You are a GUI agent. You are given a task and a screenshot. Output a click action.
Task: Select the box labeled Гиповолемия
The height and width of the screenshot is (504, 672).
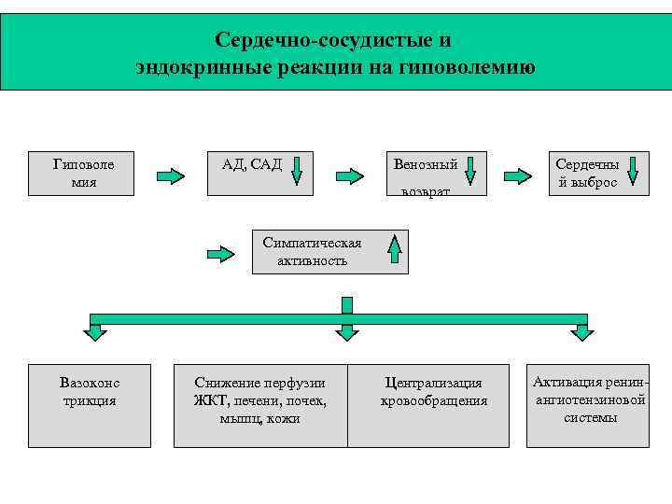point(84,173)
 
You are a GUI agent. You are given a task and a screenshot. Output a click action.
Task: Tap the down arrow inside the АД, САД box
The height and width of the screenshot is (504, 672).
point(297,172)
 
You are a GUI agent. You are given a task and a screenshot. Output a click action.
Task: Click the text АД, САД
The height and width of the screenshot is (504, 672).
point(251,164)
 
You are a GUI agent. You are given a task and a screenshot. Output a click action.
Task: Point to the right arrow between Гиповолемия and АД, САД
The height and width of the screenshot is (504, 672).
point(170,175)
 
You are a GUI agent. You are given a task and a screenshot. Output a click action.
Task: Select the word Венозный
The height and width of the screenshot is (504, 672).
point(426,164)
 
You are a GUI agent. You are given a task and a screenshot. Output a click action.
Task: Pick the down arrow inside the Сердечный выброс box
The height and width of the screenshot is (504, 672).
point(633,171)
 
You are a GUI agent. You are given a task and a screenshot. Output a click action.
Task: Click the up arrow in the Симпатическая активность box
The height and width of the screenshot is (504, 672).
point(395,250)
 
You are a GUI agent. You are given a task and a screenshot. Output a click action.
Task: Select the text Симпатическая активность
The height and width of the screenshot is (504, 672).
point(312,251)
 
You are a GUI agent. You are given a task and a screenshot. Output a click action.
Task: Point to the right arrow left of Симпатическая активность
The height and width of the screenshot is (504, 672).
point(220,253)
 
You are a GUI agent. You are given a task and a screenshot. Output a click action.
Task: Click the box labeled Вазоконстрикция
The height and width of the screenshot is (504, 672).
point(90,405)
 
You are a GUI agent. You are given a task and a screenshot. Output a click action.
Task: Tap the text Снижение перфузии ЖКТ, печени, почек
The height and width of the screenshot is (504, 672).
point(260,399)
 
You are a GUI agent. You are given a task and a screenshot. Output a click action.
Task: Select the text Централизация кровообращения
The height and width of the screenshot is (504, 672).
point(434,392)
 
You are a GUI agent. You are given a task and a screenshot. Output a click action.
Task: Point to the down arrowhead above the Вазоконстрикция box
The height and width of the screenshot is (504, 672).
point(95,331)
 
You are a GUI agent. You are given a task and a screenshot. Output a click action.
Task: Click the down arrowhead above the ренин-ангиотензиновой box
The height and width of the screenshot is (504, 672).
point(580,331)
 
